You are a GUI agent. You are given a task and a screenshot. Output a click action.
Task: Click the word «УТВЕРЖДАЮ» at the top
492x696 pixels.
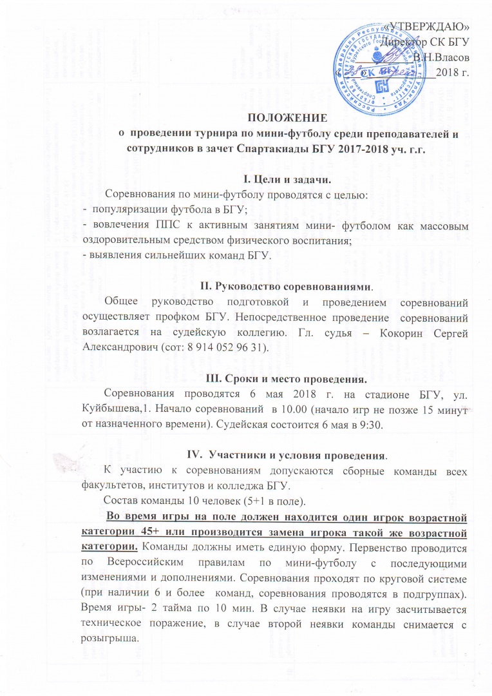point(431,26)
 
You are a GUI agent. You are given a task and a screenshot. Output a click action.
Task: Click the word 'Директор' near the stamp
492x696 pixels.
point(404,43)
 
